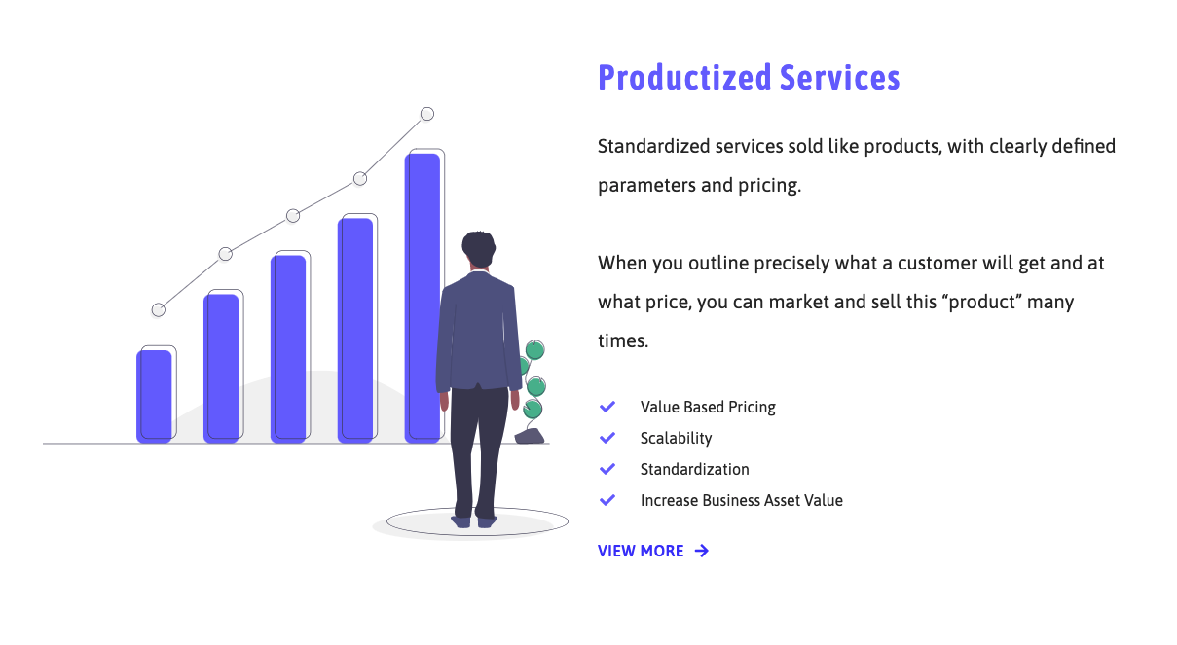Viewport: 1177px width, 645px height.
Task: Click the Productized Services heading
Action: [x=749, y=78]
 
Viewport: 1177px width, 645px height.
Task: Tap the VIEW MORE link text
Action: [x=641, y=551]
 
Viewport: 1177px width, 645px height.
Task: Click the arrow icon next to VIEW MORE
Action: [x=702, y=551]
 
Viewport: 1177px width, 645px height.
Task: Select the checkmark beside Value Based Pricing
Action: [x=607, y=407]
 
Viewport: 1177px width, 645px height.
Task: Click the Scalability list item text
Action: [x=676, y=438]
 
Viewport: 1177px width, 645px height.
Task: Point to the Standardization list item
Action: [x=694, y=469]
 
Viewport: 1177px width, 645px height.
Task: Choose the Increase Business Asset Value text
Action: [x=741, y=500]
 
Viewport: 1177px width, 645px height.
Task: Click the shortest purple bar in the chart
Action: [x=154, y=396]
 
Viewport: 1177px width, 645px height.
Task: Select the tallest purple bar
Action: [x=423, y=297]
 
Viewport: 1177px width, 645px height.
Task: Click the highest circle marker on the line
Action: [x=426, y=114]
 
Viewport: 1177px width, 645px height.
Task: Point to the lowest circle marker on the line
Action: [x=159, y=309]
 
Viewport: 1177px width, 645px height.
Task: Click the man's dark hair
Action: [x=478, y=246]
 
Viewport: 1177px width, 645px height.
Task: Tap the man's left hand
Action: [x=445, y=400]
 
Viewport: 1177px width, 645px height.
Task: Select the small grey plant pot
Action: [x=530, y=436]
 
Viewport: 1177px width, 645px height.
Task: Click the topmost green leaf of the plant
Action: [x=534, y=349]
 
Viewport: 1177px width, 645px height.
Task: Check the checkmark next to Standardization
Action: [x=607, y=469]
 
